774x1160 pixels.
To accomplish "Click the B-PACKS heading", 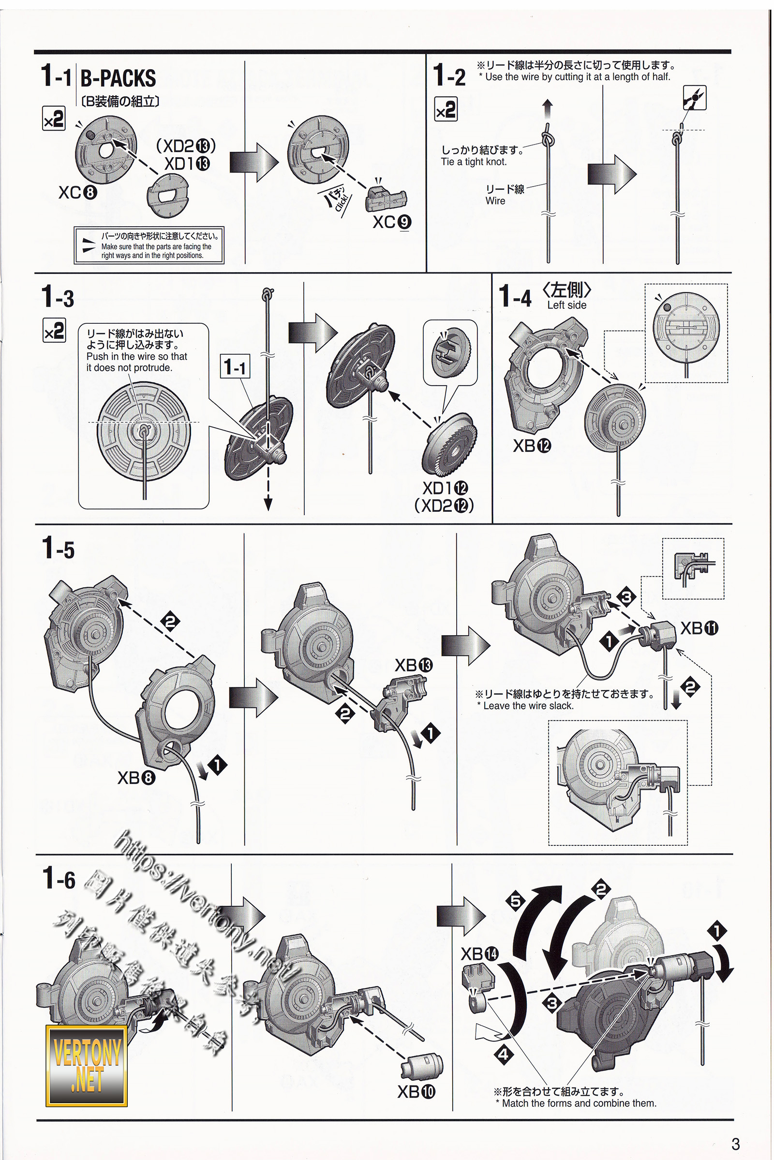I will click(118, 78).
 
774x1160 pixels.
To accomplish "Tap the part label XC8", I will click(77, 192).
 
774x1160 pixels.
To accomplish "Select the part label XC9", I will click(391, 222).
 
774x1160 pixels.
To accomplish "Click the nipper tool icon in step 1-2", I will click(694, 98).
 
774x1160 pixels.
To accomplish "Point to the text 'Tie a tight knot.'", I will click(474, 162).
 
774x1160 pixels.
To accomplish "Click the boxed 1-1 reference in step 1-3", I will click(235, 366).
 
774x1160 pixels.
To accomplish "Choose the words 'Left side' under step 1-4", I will click(566, 305).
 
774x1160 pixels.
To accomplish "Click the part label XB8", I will click(136, 778).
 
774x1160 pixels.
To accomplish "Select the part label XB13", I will click(413, 666).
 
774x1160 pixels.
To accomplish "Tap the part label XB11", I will click(699, 628).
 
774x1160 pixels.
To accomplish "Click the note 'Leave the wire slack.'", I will click(528, 706).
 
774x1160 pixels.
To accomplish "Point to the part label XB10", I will click(416, 1092).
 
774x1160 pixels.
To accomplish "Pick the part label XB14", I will click(479, 954).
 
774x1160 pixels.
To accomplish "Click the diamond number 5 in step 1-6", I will click(516, 901).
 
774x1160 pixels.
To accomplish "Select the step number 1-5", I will click(58, 549).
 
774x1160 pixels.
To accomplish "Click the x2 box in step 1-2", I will click(445, 110).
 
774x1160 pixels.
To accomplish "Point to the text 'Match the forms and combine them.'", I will click(579, 1103).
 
